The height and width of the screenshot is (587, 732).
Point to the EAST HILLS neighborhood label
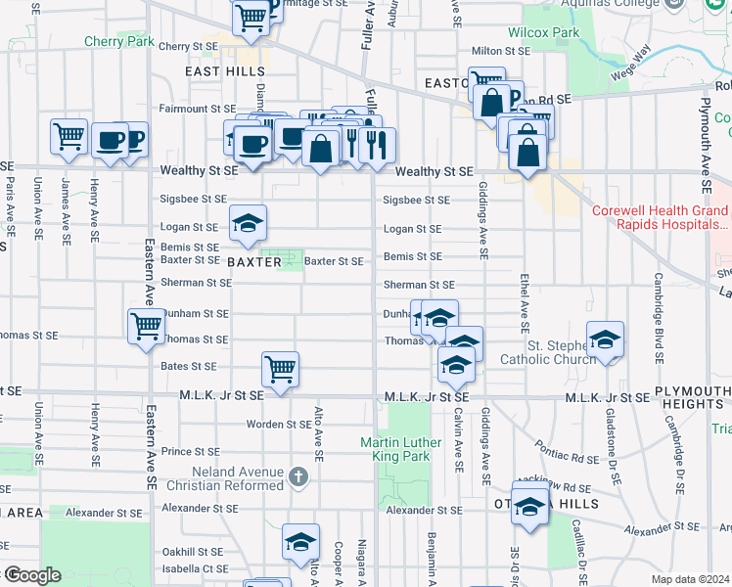[225, 71]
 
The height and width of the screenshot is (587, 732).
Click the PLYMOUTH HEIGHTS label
[692, 397]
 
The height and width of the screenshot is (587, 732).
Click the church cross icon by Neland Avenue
[299, 476]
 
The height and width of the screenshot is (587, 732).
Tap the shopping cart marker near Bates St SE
[280, 369]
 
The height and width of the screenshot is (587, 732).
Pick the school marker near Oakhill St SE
[300, 541]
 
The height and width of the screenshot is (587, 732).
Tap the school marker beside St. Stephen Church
[606, 339]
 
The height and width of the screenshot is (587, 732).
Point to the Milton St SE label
[500, 50]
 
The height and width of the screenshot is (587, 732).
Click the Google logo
[33, 575]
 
